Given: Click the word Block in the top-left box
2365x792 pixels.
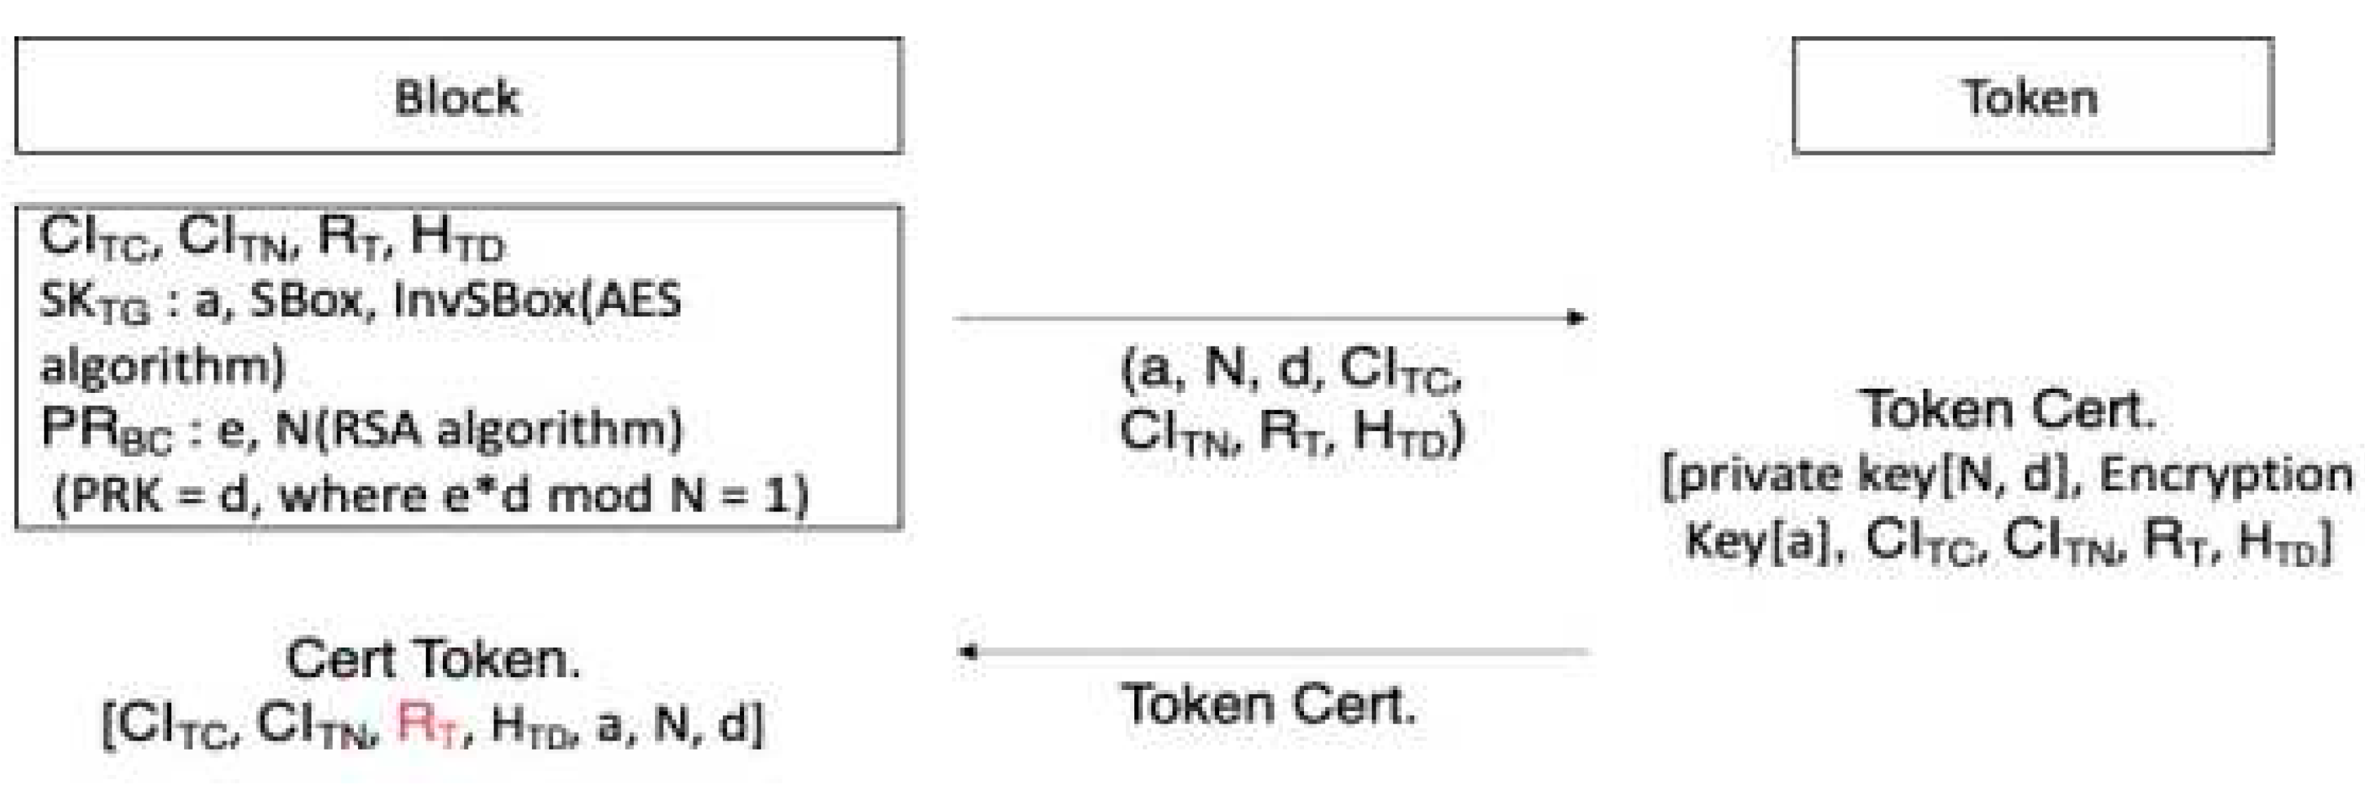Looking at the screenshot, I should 457,97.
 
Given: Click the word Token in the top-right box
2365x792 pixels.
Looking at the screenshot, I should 2030,97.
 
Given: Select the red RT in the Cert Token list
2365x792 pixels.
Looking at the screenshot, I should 428,725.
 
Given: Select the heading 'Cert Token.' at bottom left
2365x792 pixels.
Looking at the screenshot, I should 433,659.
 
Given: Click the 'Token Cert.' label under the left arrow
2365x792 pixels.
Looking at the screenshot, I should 1269,705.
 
